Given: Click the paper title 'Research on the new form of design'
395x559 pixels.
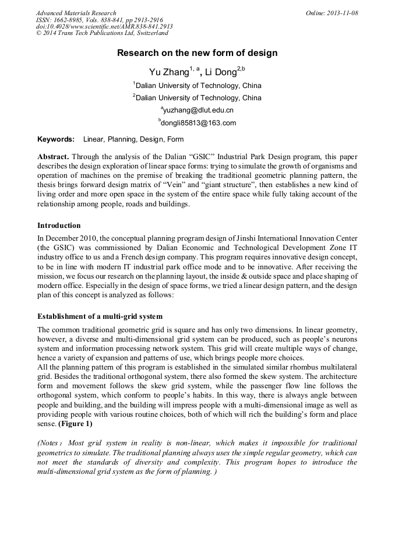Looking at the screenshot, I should [x=197, y=53].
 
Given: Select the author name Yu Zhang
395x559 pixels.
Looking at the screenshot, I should [x=169, y=72].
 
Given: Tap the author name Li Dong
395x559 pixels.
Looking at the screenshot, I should [x=217, y=72].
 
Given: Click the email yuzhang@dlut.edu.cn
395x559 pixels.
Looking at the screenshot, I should [x=198, y=110].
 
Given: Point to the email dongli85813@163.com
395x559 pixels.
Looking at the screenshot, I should [x=198, y=123].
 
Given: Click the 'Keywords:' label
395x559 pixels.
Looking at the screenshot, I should [x=56, y=139].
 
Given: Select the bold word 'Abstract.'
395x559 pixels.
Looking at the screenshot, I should [x=54, y=157].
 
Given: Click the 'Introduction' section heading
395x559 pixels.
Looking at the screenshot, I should [x=59, y=225].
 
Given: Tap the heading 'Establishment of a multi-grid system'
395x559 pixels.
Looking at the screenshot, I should [x=100, y=317].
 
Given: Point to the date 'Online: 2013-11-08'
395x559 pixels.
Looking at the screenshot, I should [x=331, y=13].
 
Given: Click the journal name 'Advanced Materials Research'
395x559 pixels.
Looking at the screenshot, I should [x=76, y=13].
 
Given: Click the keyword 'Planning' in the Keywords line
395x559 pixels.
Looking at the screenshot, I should [x=121, y=139].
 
